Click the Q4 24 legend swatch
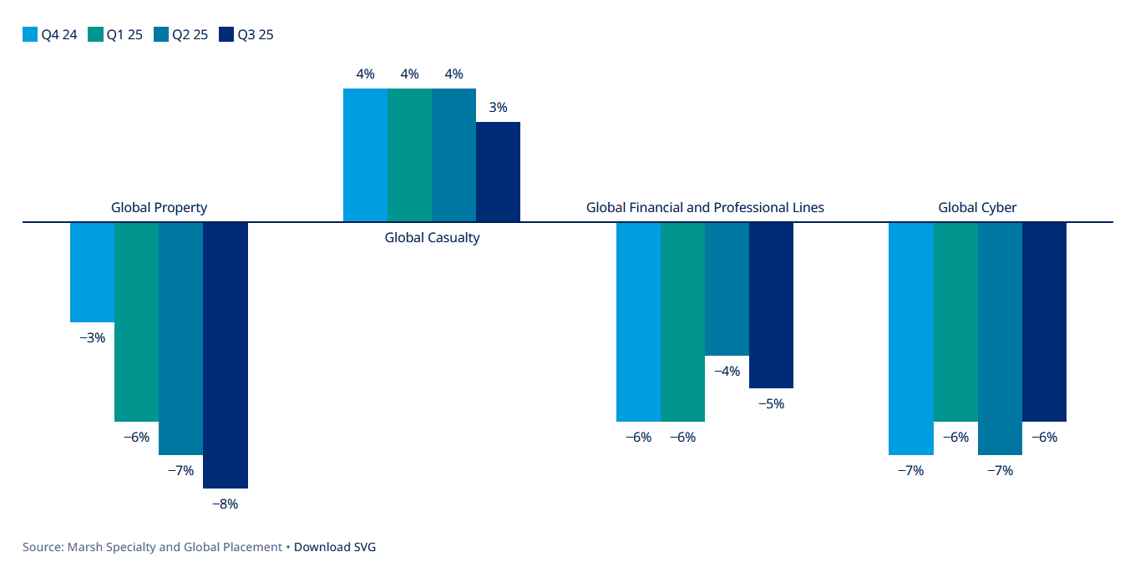[x=30, y=35]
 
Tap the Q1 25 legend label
[x=124, y=35]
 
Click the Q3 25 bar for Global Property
[x=225, y=355]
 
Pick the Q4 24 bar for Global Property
[x=92, y=272]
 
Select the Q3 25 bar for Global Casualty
[x=498, y=172]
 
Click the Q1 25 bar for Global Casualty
[x=409, y=155]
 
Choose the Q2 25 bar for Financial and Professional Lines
[x=727, y=289]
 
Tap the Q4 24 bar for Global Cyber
[x=910, y=338]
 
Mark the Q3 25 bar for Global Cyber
[x=1044, y=321]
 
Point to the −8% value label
[x=225, y=504]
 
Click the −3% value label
[x=92, y=338]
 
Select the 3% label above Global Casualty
[x=498, y=108]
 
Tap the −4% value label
[x=727, y=371]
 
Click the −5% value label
[x=771, y=404]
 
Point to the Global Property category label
[x=159, y=207]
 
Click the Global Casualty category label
[x=432, y=238]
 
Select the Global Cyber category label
[x=977, y=207]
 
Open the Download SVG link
[x=335, y=547]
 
